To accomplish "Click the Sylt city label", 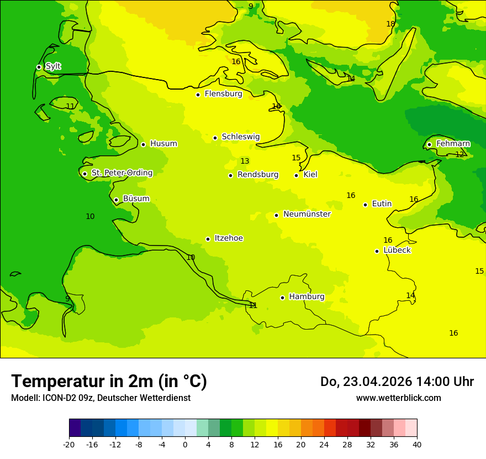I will (x=53, y=66).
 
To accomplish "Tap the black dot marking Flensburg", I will (x=198, y=95).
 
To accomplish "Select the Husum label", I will (x=163, y=144).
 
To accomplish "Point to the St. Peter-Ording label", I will (x=122, y=173).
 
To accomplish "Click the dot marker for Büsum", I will (x=116, y=200).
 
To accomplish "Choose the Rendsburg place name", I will (x=258, y=175).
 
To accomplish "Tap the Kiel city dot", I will (x=296, y=175).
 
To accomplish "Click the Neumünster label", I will (x=307, y=214).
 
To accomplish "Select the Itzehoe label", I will (x=229, y=238).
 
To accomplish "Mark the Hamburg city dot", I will (x=282, y=298).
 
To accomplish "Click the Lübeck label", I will (x=397, y=251).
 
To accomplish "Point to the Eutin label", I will (x=382, y=204).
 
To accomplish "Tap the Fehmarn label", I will (x=453, y=144).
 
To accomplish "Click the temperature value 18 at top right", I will (x=390, y=24).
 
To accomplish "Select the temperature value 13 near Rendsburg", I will (x=245, y=161).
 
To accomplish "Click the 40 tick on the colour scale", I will (x=417, y=444).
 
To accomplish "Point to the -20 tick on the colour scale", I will (x=69, y=444).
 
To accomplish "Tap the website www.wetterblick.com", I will (x=398, y=398).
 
